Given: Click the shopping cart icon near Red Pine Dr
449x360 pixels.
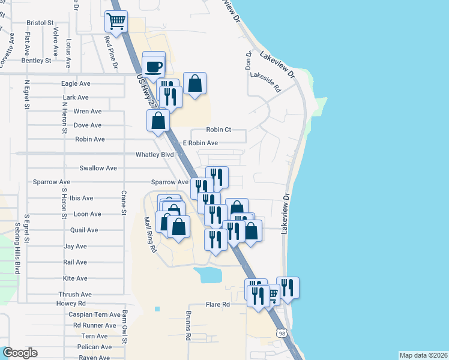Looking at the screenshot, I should click(x=116, y=22).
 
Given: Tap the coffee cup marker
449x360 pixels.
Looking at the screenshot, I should click(x=154, y=65).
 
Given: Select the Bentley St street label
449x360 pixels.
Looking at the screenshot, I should click(x=36, y=61).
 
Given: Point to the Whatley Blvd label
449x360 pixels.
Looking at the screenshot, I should click(x=154, y=154).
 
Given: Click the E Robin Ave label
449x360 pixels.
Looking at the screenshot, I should click(x=200, y=143).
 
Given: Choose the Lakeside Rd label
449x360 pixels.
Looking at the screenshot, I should click(x=266, y=82).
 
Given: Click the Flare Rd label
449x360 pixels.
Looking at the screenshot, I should click(x=218, y=305).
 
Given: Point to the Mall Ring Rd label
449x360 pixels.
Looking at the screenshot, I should click(x=149, y=234).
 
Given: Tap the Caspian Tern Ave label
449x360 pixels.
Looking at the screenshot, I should click(x=94, y=314).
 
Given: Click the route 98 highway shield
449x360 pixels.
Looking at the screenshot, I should click(x=282, y=333).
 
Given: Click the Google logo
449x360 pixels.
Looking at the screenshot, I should click(x=20, y=353).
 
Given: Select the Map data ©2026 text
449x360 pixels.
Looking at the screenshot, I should click(x=423, y=355).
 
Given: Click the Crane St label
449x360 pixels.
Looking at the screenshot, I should click(x=124, y=203).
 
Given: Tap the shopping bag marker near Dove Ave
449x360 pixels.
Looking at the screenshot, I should click(x=158, y=121).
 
